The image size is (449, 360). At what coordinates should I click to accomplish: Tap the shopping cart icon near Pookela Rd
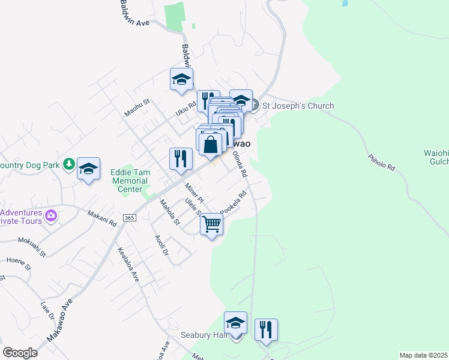click(x=211, y=225)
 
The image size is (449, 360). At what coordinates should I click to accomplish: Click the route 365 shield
click(x=129, y=217)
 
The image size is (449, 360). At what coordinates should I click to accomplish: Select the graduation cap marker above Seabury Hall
click(x=235, y=323)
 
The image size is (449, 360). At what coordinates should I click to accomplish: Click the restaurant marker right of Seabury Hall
click(x=265, y=329)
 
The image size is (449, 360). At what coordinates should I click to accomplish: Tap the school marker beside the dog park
click(x=88, y=169)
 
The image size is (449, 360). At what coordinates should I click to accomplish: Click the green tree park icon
click(x=70, y=164)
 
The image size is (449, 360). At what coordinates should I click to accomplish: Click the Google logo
click(x=20, y=353)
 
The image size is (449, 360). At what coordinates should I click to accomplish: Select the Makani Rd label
click(x=101, y=217)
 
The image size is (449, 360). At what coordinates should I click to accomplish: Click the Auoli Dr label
click(x=161, y=244)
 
